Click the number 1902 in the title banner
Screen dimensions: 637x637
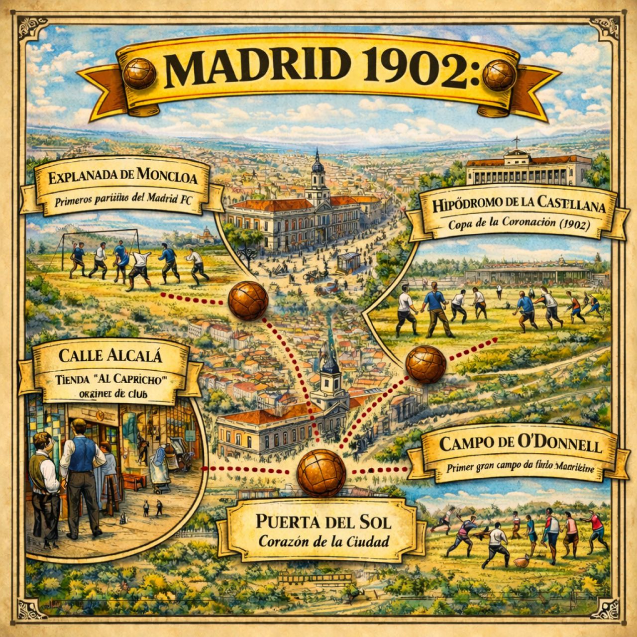point(417,71)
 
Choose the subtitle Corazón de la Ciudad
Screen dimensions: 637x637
point(323,541)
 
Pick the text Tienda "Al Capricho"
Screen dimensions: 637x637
point(111,378)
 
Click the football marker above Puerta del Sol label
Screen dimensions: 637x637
point(321,473)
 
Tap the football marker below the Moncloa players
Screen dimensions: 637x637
point(248,301)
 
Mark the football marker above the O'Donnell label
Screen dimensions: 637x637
point(425,364)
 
